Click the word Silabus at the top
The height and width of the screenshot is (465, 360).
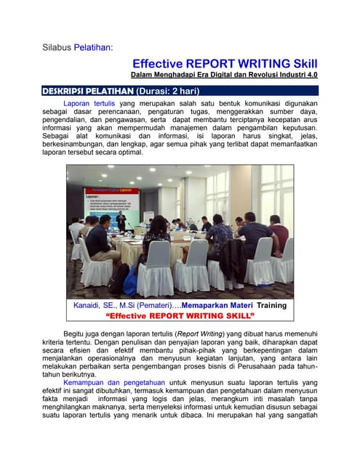click(57, 48)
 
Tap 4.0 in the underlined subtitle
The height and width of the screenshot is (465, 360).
click(311, 75)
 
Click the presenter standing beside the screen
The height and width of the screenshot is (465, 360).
click(121, 220)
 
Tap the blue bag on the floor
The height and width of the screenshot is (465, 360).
click(131, 284)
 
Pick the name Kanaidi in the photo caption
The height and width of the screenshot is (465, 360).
click(89, 305)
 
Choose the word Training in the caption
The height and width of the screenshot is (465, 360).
click(271, 305)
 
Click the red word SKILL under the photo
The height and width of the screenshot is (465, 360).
click(233, 317)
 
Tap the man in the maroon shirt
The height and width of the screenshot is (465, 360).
click(277, 232)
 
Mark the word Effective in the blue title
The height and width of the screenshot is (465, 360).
click(158, 63)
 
